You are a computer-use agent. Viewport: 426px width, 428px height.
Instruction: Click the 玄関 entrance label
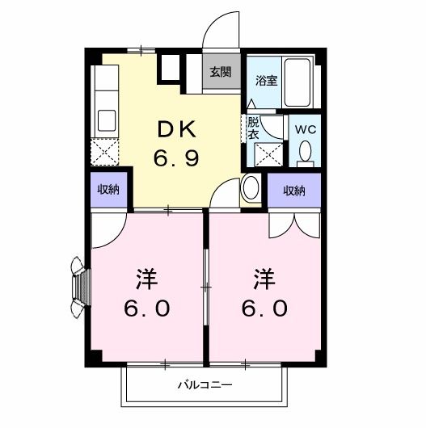click(x=220, y=71)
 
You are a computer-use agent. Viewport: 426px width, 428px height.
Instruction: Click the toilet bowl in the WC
click(x=306, y=152)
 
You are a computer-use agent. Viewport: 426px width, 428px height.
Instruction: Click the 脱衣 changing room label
click(x=253, y=128)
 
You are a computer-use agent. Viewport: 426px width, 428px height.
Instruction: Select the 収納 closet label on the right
click(x=294, y=191)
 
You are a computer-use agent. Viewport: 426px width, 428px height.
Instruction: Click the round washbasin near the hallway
click(x=251, y=188)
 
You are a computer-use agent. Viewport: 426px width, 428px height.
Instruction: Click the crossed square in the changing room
click(x=272, y=153)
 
